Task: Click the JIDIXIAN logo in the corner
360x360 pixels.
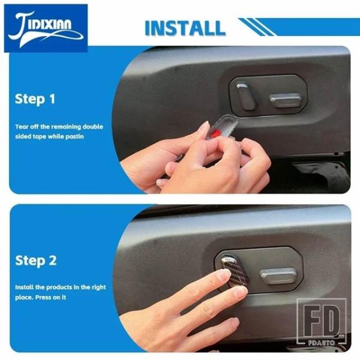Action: (46, 28)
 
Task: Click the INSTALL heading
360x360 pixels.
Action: (185, 28)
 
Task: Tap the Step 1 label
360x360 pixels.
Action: (35, 99)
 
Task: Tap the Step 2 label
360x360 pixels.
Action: (36, 261)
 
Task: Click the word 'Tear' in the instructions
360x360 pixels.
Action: (22, 127)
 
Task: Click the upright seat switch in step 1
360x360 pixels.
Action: (245, 96)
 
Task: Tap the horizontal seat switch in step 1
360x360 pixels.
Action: (286, 100)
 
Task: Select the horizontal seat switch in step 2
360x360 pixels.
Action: (278, 275)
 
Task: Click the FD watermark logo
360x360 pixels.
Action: (322, 322)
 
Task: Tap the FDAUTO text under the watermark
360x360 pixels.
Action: (322, 343)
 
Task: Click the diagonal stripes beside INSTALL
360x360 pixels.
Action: (257, 27)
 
